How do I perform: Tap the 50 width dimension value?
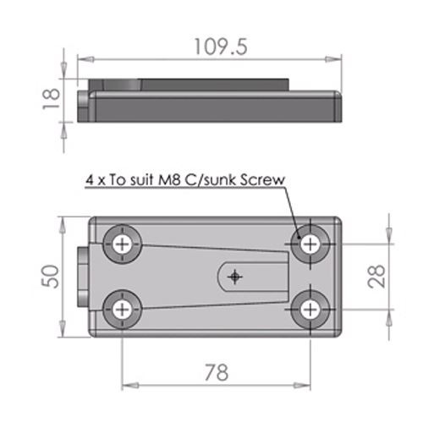pyautogui.click(x=52, y=277)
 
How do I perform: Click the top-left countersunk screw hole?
pyautogui.click(x=124, y=244)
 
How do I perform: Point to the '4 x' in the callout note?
pyautogui.click(x=96, y=180)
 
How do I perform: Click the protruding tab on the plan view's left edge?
pyautogui.click(x=82, y=277)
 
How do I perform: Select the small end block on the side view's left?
pyautogui.click(x=82, y=106)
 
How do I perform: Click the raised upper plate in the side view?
pyautogui.click(x=195, y=85)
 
